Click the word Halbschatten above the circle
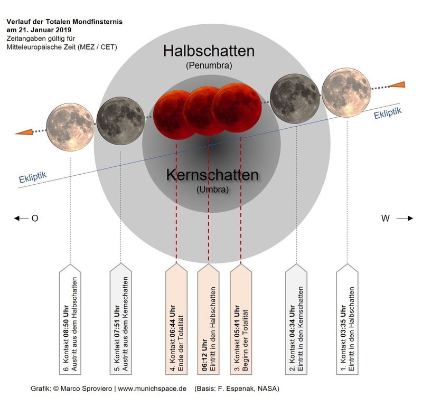(209, 52)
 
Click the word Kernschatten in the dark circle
(212, 176)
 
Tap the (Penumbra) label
(209, 66)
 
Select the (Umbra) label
(212, 190)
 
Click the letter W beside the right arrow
(385, 218)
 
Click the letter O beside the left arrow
(35, 218)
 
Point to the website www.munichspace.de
(152, 389)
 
